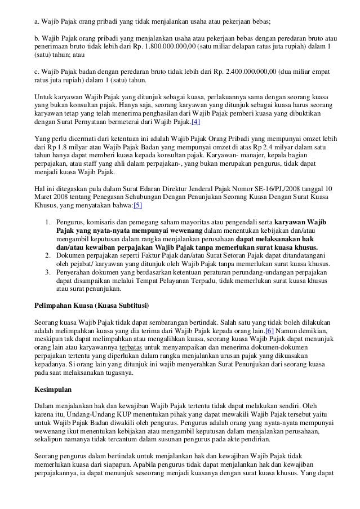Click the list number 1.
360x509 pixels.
(x=48, y=222)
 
